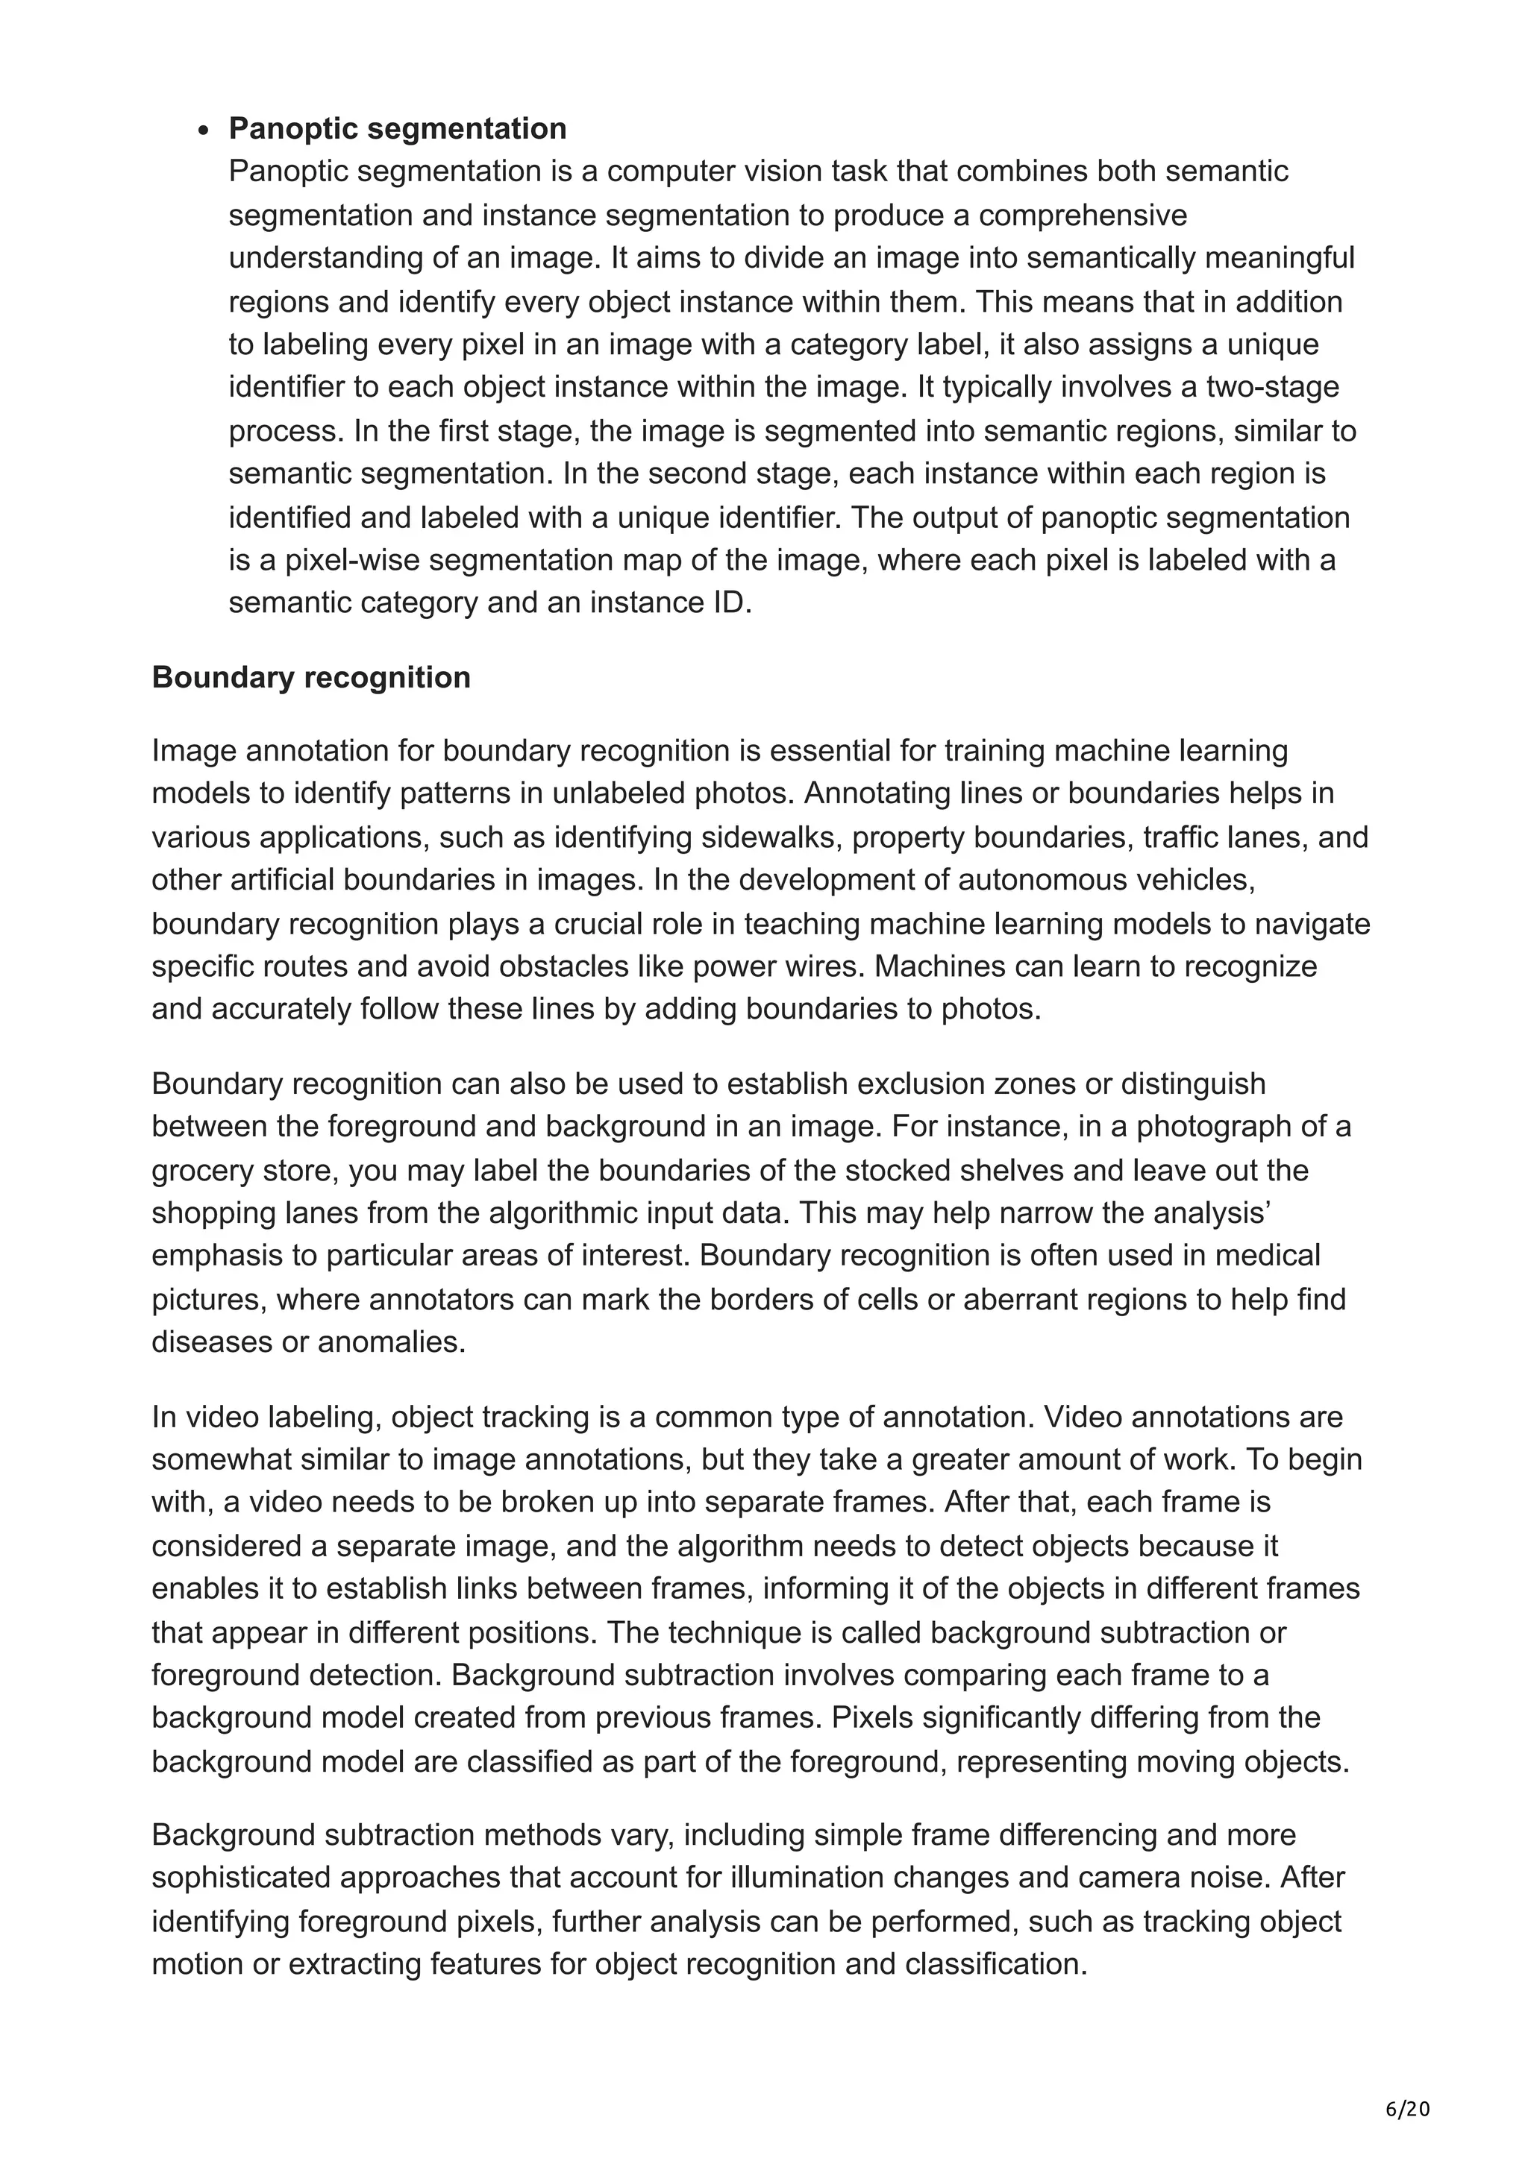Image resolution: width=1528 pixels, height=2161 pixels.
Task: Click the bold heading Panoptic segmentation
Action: click(398, 128)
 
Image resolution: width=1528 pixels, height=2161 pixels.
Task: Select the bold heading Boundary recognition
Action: click(310, 678)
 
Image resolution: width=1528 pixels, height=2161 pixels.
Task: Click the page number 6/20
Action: click(1407, 2083)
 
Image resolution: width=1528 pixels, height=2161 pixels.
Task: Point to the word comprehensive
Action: click(1083, 215)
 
